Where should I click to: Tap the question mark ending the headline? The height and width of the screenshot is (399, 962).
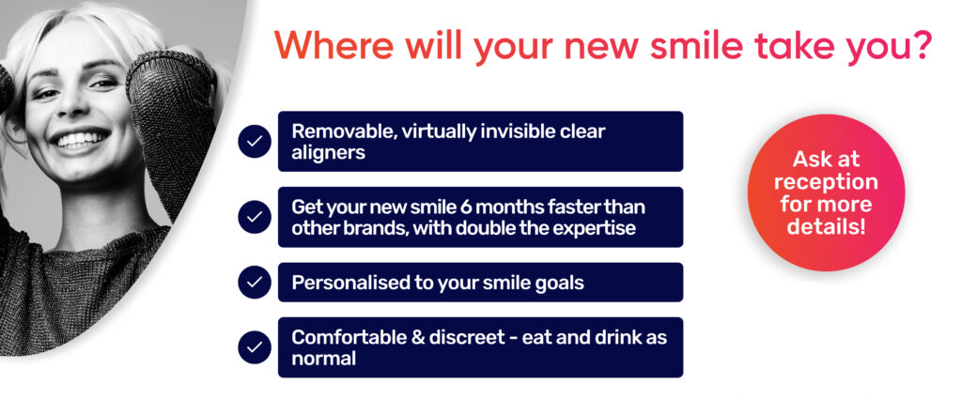[923, 43]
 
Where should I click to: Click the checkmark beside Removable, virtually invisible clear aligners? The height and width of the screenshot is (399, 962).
[255, 142]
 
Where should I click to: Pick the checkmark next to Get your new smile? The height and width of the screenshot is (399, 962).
[255, 217]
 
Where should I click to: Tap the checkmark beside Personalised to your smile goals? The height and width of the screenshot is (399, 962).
[255, 282]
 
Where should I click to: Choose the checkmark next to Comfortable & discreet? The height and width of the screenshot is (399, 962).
[255, 347]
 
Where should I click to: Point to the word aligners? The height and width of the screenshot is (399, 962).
[328, 153]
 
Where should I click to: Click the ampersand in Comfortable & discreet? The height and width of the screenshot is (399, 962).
[418, 337]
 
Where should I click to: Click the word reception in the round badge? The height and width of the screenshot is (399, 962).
[825, 182]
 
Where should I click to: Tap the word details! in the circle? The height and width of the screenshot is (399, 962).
[827, 226]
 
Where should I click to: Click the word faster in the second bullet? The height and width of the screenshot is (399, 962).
[565, 207]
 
